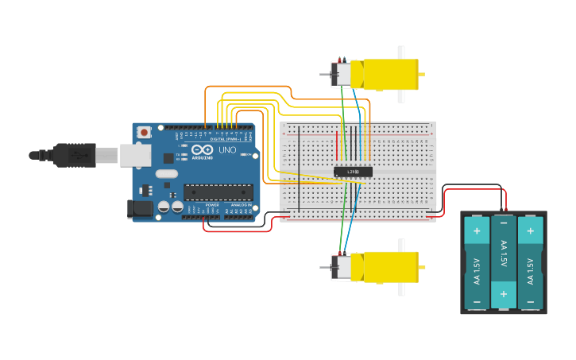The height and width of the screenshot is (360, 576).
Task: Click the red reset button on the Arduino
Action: click(144, 132)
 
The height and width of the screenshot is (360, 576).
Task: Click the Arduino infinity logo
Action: click(203, 149)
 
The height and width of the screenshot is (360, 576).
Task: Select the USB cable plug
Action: click(76, 155)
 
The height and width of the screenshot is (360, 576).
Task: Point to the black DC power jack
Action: click(140, 209)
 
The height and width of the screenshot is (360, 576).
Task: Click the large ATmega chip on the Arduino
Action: click(218, 192)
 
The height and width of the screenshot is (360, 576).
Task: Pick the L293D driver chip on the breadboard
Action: click(353, 172)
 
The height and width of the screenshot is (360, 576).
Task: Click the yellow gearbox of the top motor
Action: click(390, 74)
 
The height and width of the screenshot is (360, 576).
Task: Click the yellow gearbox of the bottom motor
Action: click(390, 267)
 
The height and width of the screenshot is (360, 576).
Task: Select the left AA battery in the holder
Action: click(477, 262)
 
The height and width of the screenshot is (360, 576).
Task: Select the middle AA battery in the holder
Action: click(503, 262)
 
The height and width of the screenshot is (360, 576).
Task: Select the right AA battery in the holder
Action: click(530, 262)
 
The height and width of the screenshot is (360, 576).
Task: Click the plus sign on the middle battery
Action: click(503, 293)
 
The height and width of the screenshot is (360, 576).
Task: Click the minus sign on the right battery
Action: click(530, 302)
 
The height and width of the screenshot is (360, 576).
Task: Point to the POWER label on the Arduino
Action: click(212, 205)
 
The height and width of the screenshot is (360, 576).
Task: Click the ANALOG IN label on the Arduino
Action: click(241, 205)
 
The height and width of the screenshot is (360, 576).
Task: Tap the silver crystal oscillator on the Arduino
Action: click(167, 173)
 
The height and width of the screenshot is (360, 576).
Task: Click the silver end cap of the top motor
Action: click(342, 75)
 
